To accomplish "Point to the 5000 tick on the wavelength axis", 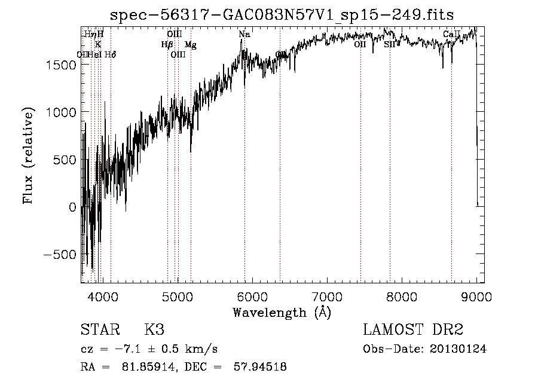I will click(177, 297).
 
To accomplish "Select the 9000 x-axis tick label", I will click(476, 297).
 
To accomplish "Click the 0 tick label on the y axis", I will click(72, 207).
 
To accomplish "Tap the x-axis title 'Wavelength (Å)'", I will click(282, 312).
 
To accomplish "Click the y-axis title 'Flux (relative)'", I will click(28, 155).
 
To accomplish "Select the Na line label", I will click(244, 35).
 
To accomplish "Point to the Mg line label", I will click(190, 45).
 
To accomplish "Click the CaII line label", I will click(451, 35).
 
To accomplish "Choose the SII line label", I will click(389, 44).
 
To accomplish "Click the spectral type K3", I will click(154, 331).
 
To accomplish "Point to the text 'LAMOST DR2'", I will click(413, 331).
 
